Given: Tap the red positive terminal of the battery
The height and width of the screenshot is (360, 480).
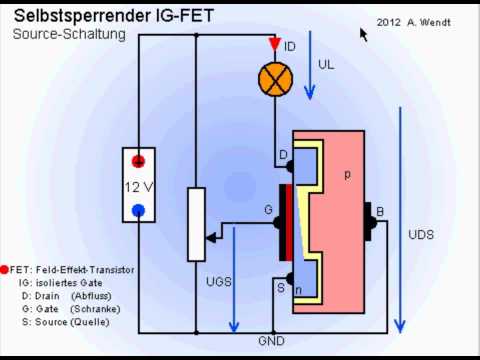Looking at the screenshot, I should click(x=139, y=163).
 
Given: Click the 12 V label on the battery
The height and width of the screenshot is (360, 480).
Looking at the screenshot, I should click(x=138, y=187).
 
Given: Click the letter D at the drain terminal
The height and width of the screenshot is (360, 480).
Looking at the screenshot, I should click(x=282, y=153).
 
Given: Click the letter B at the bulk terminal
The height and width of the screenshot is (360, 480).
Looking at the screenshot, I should click(x=379, y=211).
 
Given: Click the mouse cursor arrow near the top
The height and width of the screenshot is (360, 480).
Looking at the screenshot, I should click(x=364, y=34).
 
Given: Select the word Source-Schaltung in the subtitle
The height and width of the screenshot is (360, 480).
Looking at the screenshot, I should click(x=69, y=34).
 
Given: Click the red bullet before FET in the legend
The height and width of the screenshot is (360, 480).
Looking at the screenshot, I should click(x=6, y=270).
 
